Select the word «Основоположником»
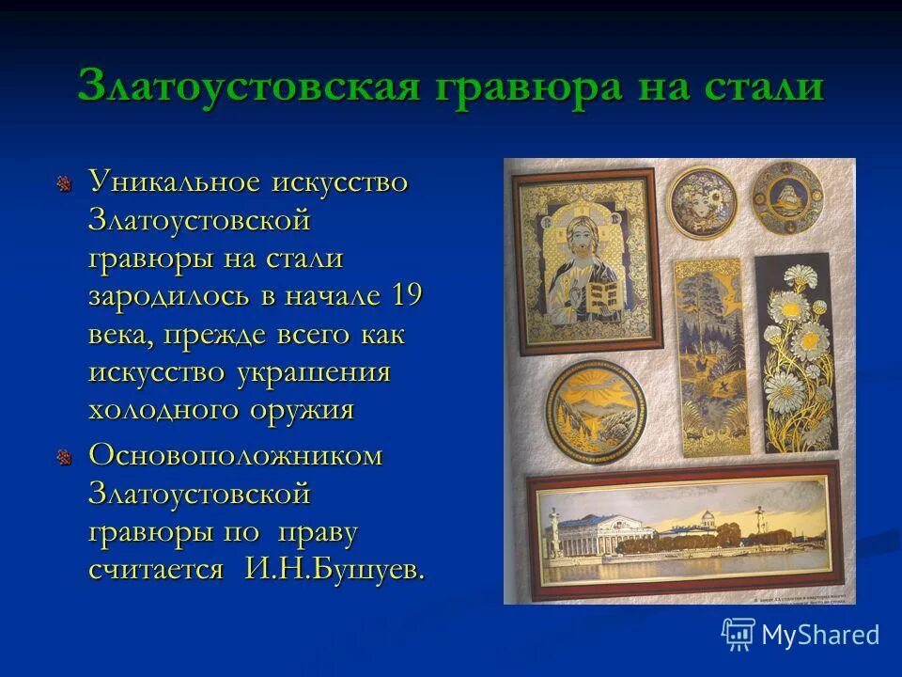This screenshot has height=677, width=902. click(x=236, y=455)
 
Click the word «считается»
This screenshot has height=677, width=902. click(x=156, y=569)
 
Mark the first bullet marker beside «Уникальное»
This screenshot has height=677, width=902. click(x=64, y=182)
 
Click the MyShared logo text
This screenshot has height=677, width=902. click(x=820, y=635)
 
